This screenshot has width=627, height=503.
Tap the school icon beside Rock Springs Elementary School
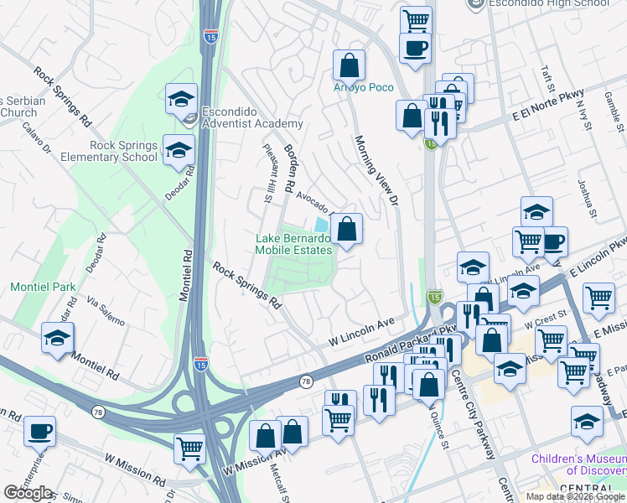point(178,151)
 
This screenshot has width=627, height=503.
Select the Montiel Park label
point(43,287)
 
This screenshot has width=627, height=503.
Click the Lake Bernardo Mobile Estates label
point(293,244)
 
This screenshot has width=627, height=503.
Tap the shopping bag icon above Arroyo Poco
point(349,65)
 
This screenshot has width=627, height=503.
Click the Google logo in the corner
point(28,492)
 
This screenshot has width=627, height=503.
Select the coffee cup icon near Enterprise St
point(39,432)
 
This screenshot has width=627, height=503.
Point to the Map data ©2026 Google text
point(575,496)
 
